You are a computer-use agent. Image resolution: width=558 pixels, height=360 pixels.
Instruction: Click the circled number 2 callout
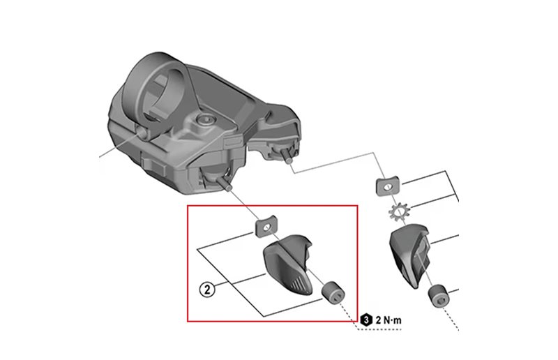[x=207, y=289]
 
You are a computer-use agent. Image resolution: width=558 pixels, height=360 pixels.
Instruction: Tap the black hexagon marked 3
[x=366, y=320]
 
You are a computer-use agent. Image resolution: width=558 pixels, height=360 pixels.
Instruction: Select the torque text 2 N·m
[x=389, y=320]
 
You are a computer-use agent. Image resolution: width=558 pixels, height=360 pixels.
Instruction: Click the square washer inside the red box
[x=266, y=226]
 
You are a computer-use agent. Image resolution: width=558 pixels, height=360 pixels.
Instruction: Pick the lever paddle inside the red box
[x=287, y=264]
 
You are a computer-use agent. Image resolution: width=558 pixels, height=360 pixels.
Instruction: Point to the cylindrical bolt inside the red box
[x=333, y=293]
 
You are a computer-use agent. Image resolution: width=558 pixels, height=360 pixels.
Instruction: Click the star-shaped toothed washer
[x=399, y=211]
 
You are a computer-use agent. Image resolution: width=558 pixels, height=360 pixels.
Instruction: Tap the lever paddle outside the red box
[x=409, y=255]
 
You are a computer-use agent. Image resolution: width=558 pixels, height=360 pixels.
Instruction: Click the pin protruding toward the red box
[x=223, y=183]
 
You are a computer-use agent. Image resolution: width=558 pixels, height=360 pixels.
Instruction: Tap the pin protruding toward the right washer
[x=287, y=157]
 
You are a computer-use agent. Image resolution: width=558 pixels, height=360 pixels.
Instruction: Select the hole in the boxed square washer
[x=266, y=226]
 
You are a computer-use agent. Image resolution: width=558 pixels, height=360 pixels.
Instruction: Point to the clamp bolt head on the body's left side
[x=142, y=133]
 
